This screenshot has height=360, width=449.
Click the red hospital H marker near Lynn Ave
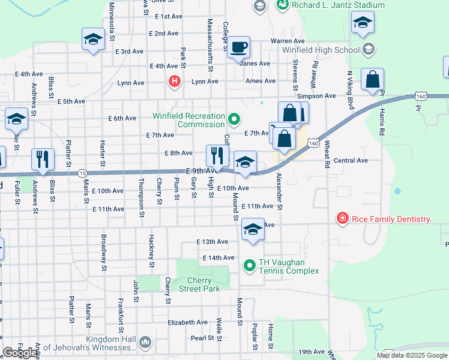click(x=175, y=81)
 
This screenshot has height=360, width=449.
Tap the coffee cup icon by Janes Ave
click(x=238, y=47)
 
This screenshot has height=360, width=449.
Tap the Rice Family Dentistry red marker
click(x=342, y=219)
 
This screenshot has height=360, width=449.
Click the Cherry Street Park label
click(x=199, y=284)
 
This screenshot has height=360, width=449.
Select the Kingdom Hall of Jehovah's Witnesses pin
click(x=145, y=343)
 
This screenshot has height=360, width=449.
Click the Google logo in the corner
click(x=20, y=353)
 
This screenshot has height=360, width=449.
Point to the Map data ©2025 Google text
click(x=412, y=355)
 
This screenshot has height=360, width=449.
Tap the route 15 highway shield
click(x=82, y=173)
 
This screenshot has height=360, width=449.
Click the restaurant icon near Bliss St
click(x=43, y=159)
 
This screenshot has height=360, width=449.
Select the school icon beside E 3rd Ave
click(x=94, y=40)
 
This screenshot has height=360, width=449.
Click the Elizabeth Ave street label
click(x=187, y=322)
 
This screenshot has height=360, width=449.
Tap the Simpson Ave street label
click(x=316, y=96)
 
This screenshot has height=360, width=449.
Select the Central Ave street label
click(x=351, y=161)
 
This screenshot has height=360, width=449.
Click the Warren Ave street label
click(x=285, y=41)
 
